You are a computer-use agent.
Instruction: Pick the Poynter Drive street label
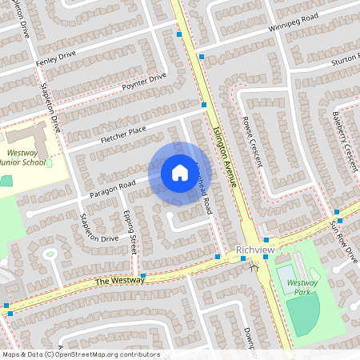[x=144, y=82]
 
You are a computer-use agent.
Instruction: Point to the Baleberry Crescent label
[x=342, y=138]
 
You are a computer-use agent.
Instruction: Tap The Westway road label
[x=118, y=281]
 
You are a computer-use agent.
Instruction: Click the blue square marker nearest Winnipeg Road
[x=202, y=57]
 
